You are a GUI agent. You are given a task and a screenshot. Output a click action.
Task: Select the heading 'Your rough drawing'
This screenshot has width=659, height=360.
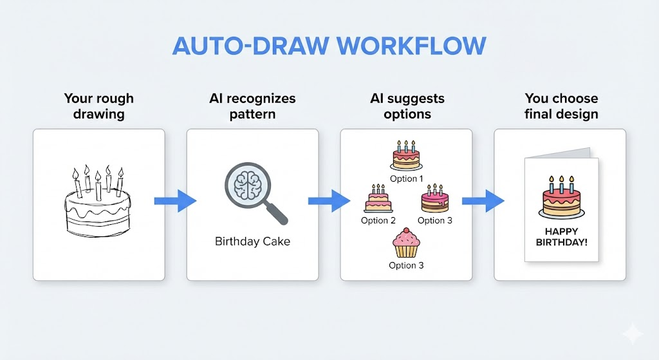tap(98, 106)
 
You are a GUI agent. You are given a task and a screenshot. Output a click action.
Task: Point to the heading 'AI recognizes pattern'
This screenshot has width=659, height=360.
tap(252, 106)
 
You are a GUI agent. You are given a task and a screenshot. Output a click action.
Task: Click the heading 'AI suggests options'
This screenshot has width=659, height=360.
tap(407, 106)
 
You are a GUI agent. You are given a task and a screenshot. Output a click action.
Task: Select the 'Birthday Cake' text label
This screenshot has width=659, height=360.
tap(252, 242)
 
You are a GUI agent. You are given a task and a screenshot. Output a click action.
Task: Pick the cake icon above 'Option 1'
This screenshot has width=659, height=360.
tap(406, 156)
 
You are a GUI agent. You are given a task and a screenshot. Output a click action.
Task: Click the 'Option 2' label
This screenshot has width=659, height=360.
tap(378, 220)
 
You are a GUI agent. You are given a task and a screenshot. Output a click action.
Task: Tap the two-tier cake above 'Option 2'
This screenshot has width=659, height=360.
tap(378, 199)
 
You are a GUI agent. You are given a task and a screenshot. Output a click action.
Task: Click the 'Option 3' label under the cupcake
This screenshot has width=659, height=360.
tap(406, 265)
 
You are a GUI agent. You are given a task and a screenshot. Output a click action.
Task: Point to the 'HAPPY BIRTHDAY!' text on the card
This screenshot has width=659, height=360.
tap(561, 237)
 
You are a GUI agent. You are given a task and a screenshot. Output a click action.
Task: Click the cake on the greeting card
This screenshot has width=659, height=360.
tap(561, 198)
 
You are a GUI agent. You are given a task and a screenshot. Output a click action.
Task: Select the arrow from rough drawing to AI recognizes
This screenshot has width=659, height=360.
tap(176, 201)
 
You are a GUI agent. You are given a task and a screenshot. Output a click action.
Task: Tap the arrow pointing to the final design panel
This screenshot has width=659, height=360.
tap(483, 201)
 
